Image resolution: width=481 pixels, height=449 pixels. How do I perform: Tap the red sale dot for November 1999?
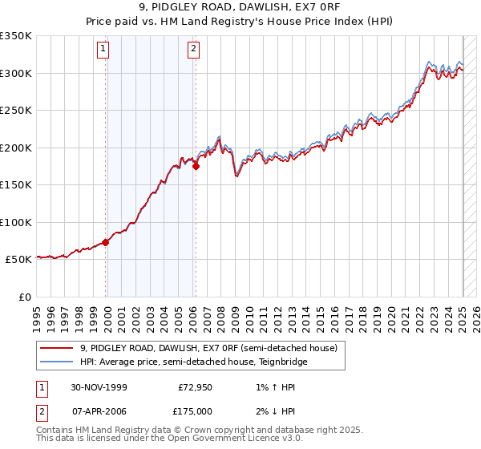106,242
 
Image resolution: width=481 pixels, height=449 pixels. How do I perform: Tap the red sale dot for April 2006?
196,167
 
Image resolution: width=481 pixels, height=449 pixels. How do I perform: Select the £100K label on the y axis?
16,222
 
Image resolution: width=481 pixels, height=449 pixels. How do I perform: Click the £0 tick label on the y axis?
24,297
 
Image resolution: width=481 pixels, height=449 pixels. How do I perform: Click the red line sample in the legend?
57,348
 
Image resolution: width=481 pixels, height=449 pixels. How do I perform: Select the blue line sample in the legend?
57,362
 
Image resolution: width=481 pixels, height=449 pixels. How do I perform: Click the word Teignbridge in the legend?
281,362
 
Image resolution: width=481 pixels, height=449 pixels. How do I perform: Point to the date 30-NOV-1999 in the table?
99,387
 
